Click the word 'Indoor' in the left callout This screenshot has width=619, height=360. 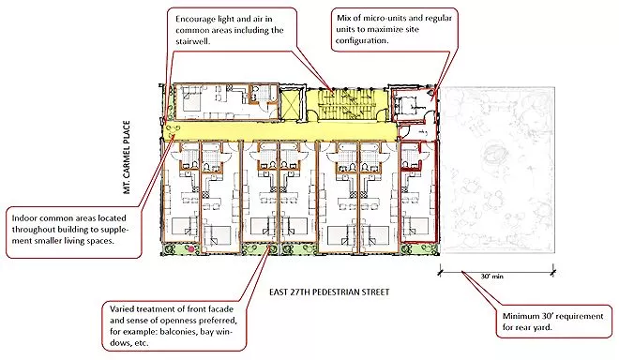click(x=28, y=217)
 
